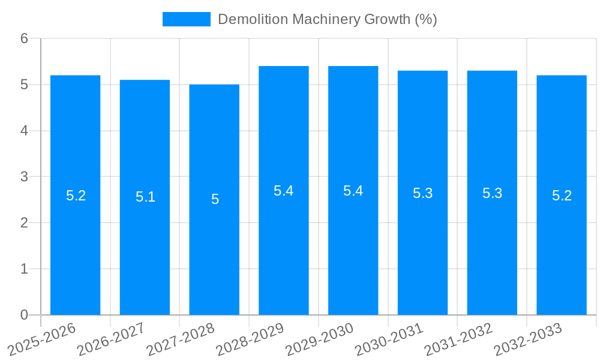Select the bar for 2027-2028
[x=214, y=240]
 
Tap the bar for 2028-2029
[x=284, y=240]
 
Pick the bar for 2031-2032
[x=492, y=240]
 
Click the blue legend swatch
[x=187, y=19]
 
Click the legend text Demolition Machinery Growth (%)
[x=327, y=19]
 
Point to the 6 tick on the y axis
[x=24, y=38]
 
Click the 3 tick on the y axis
[x=24, y=177]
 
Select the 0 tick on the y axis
[x=24, y=315]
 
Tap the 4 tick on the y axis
[x=24, y=131]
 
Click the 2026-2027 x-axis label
[x=112, y=339]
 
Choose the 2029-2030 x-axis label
[x=320, y=339]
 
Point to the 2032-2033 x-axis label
[x=528, y=339]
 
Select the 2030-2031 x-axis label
[x=389, y=339]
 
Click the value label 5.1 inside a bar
[x=145, y=197]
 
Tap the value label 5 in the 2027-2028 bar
[x=215, y=199]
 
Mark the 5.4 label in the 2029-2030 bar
[x=353, y=191]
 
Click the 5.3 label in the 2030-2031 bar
[x=422, y=193]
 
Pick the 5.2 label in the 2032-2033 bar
[x=562, y=196]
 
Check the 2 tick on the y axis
[x=24, y=223]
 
